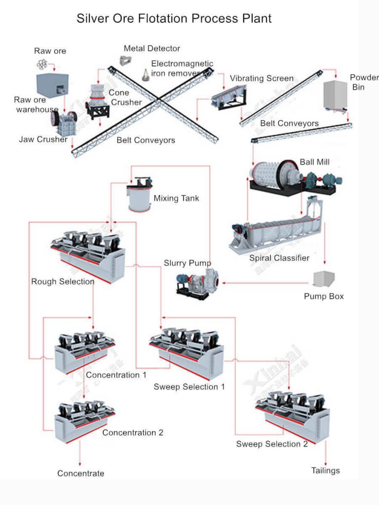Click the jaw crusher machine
63,123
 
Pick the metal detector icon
125,61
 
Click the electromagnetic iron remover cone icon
146,74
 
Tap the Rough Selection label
63,282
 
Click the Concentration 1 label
116,375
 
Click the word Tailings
325,470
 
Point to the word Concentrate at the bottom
80,473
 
